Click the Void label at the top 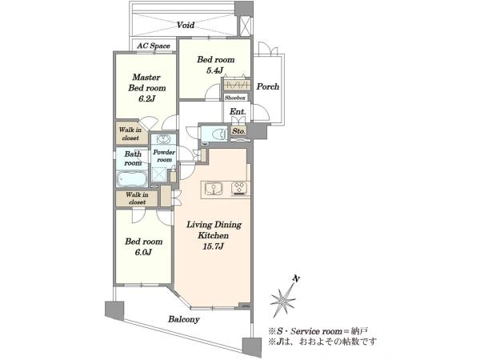pos(186,25)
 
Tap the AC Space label pos(154,46)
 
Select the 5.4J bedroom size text pos(215,70)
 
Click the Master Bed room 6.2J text pos(146,88)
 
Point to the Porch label pos(268,86)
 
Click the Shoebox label pos(235,98)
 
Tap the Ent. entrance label pos(238,112)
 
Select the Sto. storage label pos(238,131)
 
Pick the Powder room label pos(164,156)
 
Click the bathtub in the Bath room pos(132,179)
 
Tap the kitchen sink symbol pos(213,188)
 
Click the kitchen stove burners pos(239,188)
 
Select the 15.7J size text pos(213,246)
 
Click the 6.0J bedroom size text pos(143,253)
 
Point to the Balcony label pos(184,319)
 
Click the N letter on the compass pos(296,278)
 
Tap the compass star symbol pos(282,298)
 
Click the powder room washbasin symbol pos(163,139)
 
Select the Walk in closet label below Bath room pos(137,198)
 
